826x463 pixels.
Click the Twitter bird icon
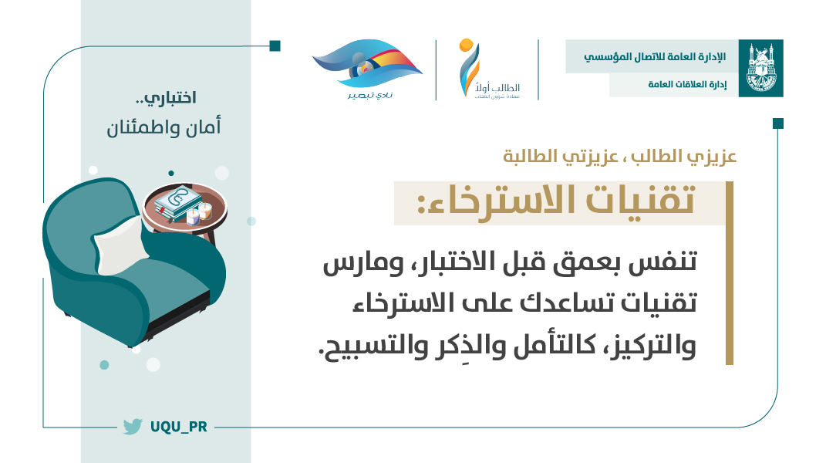[133, 426]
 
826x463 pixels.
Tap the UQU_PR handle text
[179, 427]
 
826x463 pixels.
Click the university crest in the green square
[760, 68]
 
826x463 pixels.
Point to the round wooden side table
[185, 210]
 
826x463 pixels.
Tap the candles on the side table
[199, 213]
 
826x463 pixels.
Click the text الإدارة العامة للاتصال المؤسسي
[654, 56]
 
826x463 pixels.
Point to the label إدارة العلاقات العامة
[687, 84]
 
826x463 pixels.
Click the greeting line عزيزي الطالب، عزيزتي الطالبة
[619, 156]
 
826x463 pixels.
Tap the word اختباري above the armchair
[170, 98]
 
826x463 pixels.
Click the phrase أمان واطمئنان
[164, 127]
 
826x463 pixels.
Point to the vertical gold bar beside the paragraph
[730, 273]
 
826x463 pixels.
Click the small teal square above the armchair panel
[275, 46]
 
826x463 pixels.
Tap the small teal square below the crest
[778, 123]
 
